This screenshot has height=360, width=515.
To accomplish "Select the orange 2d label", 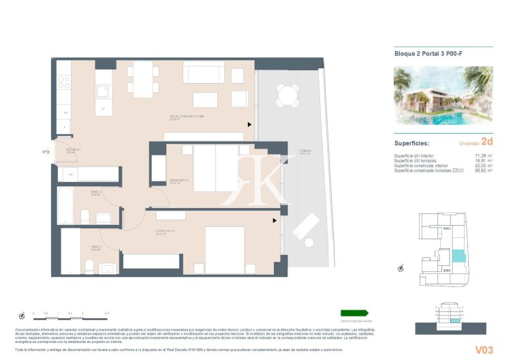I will point(486,143).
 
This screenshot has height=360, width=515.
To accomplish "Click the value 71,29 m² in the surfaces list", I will point(483,155).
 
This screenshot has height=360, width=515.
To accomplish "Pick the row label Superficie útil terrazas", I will point(416,160).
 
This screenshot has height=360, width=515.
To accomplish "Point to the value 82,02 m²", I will point(483,165).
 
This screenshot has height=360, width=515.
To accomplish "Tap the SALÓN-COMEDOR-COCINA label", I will point(187,117).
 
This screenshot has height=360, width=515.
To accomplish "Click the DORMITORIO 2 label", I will point(178,181).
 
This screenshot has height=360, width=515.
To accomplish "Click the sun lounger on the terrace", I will point(307,230).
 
